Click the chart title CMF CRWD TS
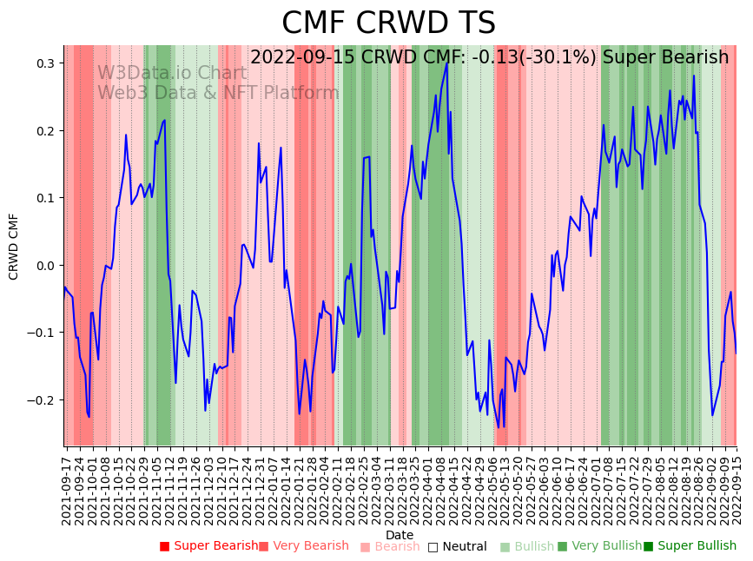click(388, 23)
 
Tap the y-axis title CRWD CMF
click(14, 246)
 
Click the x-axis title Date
click(400, 535)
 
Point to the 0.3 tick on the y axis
click(45, 63)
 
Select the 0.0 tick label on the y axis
click(45, 266)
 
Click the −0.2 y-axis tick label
click(42, 400)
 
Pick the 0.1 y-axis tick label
click(45, 198)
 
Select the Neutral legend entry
click(457, 546)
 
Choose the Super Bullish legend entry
click(690, 546)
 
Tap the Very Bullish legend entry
click(599, 546)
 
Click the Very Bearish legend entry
click(303, 546)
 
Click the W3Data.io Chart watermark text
click(172, 74)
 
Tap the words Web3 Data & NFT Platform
click(218, 93)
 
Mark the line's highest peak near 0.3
click(447, 63)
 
